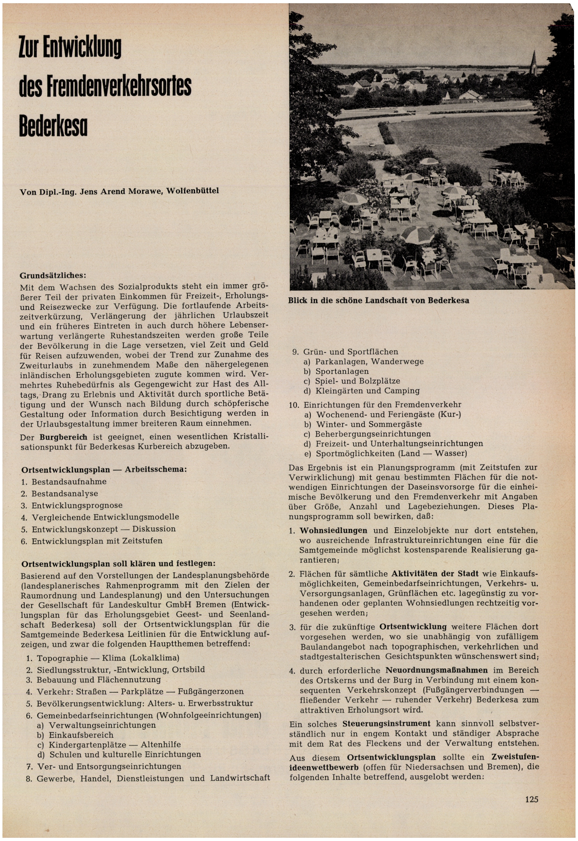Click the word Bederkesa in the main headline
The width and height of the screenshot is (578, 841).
click(53, 126)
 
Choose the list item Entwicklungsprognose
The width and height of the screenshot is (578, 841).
click(77, 505)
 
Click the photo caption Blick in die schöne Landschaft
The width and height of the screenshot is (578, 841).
click(378, 301)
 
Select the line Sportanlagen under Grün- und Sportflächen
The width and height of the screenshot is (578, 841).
click(342, 371)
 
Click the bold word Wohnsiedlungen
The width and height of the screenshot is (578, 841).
click(333, 531)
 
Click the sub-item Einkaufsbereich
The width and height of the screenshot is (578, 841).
click(81, 735)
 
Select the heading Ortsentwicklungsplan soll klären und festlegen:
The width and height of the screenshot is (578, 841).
click(118, 564)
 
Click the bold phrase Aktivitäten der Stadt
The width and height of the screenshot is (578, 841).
click(435, 574)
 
